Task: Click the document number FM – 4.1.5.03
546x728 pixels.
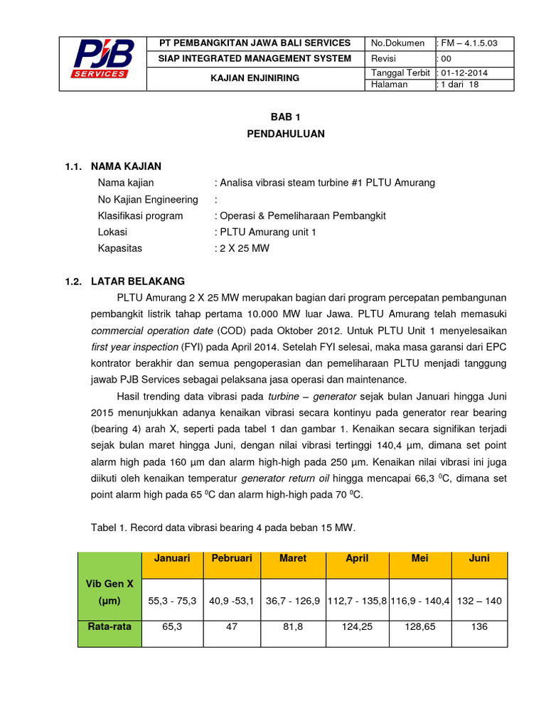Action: click(469, 43)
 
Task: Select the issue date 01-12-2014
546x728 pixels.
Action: click(464, 73)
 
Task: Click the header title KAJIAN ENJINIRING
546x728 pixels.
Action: click(255, 77)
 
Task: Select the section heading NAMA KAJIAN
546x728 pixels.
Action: click(126, 166)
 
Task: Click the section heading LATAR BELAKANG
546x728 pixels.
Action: click(137, 281)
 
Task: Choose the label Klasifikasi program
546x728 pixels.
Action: click(140, 215)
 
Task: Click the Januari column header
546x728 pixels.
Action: click(172, 559)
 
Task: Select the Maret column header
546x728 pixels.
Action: click(293, 559)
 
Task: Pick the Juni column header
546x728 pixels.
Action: click(479, 559)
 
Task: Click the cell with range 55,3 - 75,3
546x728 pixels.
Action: click(172, 601)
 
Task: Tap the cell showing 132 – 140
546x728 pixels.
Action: click(479, 601)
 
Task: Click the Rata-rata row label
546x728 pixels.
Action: click(109, 627)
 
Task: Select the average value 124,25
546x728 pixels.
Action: click(357, 627)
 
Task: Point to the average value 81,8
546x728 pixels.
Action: click(293, 627)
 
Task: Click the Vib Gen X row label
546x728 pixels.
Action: click(109, 592)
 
